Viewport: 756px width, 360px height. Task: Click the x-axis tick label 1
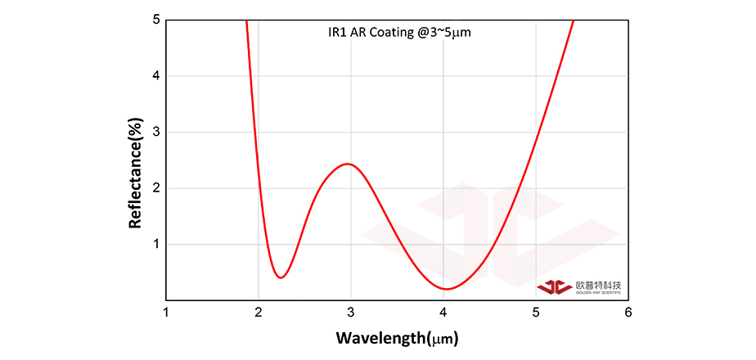167,313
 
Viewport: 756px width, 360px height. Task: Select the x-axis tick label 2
259,313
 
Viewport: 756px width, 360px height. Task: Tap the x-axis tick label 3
351,313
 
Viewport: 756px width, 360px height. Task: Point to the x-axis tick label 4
443,313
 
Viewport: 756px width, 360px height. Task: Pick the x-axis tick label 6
628,313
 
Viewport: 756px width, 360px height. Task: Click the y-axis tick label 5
156,20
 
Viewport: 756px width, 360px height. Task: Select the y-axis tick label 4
156,76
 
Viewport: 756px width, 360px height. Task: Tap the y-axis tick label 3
156,132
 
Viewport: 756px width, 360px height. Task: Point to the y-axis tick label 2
156,188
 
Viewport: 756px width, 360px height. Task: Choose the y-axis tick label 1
156,244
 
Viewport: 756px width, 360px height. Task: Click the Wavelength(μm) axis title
397,337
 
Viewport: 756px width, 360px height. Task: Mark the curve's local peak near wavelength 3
349,164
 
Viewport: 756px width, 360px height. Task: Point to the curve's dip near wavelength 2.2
281,277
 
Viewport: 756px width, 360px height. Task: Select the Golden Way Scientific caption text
598,292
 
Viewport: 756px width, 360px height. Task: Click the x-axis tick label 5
536,313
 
